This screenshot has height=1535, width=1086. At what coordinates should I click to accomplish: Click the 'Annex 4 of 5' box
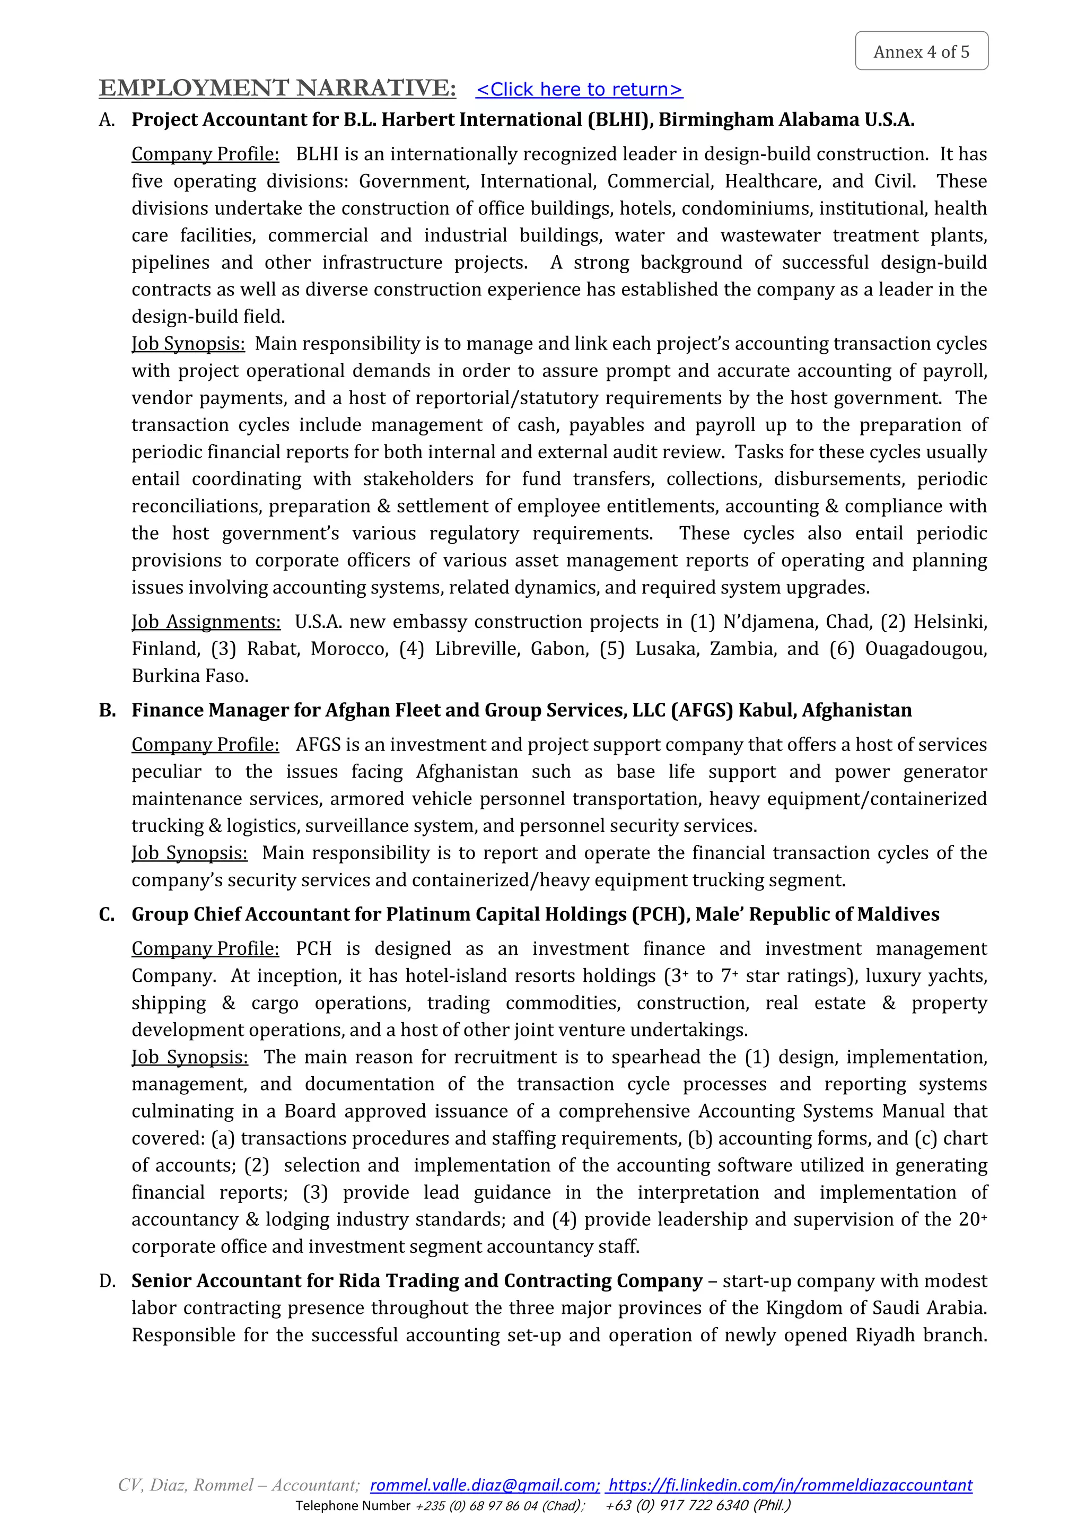921,51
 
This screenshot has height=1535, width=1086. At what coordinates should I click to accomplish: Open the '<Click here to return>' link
579,89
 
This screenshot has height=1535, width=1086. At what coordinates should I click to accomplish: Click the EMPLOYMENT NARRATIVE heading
277,88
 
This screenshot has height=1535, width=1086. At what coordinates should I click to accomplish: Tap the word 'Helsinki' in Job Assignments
950,622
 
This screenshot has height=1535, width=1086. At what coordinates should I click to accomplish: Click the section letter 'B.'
108,710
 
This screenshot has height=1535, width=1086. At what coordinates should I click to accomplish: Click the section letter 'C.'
108,914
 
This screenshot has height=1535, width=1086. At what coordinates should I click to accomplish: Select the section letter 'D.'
108,1281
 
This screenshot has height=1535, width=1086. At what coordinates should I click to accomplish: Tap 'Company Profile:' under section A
205,154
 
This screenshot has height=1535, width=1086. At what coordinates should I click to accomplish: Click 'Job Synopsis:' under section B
189,853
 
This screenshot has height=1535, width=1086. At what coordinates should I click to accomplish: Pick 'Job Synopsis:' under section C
189,1058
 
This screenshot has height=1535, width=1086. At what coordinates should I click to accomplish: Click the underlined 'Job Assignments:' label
206,622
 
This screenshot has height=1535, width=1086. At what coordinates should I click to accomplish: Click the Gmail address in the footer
484,1504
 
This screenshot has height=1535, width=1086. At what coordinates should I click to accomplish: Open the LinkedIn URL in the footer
790,1504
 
